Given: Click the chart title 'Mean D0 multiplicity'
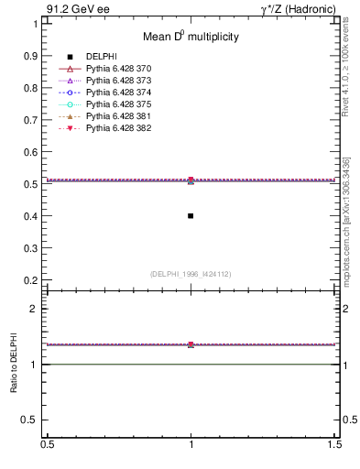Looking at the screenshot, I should click(191, 38).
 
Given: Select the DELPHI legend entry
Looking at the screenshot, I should click(102, 57).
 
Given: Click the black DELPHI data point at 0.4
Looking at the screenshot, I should click(191, 216).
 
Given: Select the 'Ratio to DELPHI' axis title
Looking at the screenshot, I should click(15, 363).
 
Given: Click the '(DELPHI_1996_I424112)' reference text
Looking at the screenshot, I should click(191, 273).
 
